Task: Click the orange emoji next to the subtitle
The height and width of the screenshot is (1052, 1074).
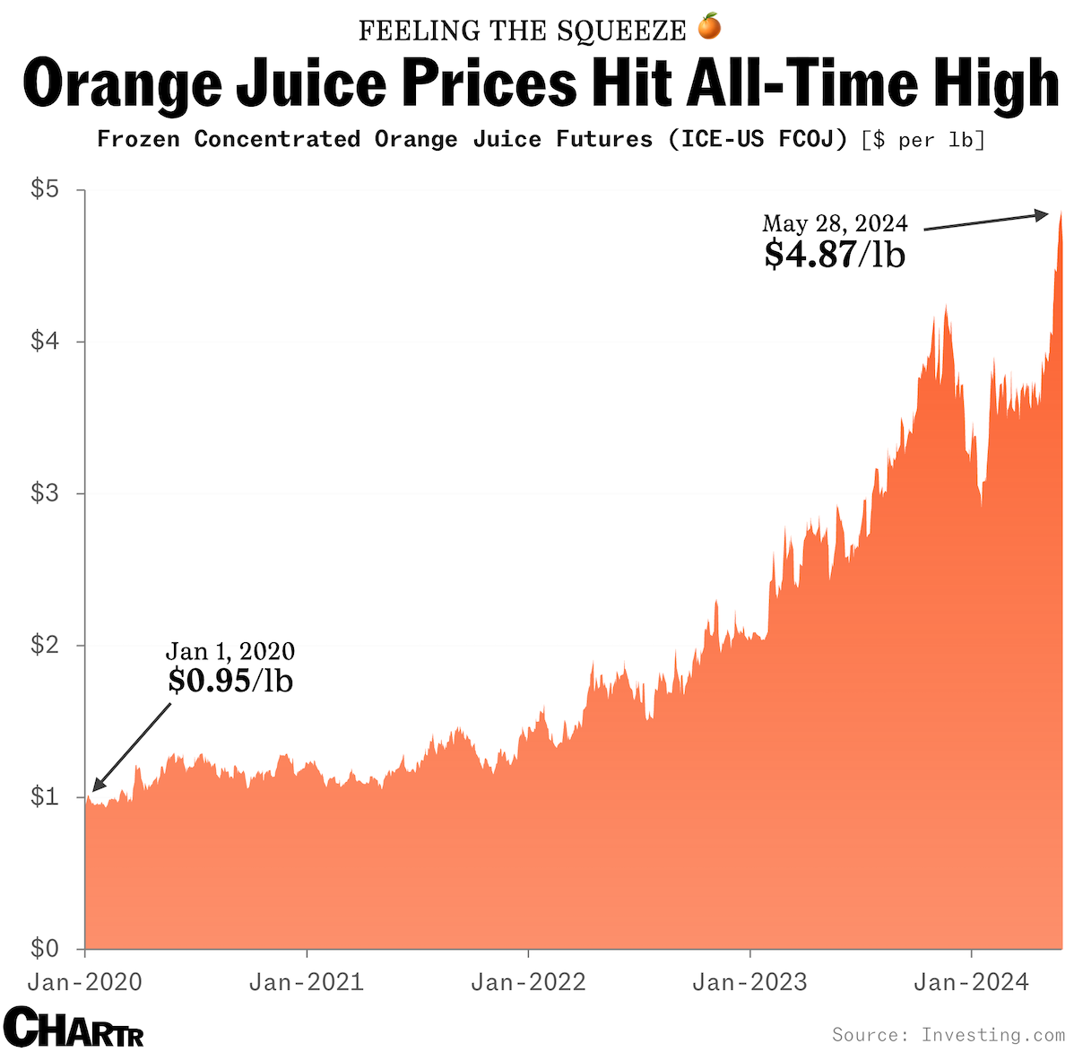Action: pyautogui.click(x=709, y=28)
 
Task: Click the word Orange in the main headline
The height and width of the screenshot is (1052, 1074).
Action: pyautogui.click(x=122, y=83)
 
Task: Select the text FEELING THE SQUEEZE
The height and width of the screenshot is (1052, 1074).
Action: pyautogui.click(x=522, y=30)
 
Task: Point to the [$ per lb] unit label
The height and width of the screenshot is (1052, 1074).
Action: pyautogui.click(x=922, y=140)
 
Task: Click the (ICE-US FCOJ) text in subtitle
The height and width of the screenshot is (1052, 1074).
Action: pyautogui.click(x=758, y=140)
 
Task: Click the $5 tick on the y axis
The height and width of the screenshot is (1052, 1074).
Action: pyautogui.click(x=45, y=189)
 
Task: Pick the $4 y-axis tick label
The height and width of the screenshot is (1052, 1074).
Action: pyautogui.click(x=45, y=341)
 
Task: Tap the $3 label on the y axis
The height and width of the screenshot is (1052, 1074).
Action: pyautogui.click(x=45, y=492)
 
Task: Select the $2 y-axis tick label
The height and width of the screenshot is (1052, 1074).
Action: pyautogui.click(x=45, y=644)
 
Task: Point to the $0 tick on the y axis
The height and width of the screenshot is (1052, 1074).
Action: pyautogui.click(x=45, y=947)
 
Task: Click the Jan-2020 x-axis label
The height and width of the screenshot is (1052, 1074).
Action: pyautogui.click(x=85, y=982)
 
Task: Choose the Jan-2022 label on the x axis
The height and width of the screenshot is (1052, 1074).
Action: pyautogui.click(x=528, y=982)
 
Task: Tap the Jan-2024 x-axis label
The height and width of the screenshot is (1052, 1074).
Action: pyautogui.click(x=971, y=982)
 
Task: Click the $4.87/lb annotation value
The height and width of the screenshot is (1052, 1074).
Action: pyautogui.click(x=835, y=255)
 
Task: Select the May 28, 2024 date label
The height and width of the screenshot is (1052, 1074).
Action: pyautogui.click(x=835, y=223)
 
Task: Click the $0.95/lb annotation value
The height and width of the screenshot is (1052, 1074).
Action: pyautogui.click(x=230, y=681)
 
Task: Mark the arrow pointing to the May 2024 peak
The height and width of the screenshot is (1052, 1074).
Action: pyautogui.click(x=985, y=222)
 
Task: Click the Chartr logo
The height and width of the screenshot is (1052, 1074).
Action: pyautogui.click(x=74, y=1027)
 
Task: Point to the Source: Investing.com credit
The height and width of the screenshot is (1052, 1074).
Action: pyautogui.click(x=948, y=1034)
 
